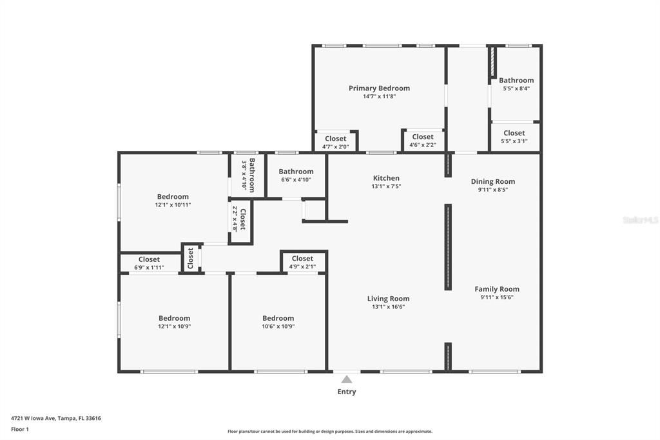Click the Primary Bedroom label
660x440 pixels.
click(x=379, y=88)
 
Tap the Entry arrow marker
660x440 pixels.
click(x=347, y=379)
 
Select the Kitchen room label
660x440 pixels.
click(x=386, y=178)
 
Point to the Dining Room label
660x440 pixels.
click(x=492, y=181)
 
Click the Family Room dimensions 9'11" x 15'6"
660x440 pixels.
click(x=496, y=297)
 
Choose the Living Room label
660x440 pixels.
click(x=388, y=299)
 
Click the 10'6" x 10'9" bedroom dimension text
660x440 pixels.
click(x=278, y=326)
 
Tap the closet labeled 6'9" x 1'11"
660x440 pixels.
click(x=149, y=263)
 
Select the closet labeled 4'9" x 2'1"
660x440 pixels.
click(x=302, y=262)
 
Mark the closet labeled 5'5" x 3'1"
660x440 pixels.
click(x=514, y=137)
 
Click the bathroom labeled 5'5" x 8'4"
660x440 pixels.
click(x=516, y=85)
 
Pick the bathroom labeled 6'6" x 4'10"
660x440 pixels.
click(x=296, y=175)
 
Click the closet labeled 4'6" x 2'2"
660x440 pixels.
click(x=422, y=141)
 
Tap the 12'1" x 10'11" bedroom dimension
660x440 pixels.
click(x=173, y=205)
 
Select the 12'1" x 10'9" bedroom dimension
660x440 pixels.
click(x=174, y=326)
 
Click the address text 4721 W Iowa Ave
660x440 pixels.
click(x=35, y=418)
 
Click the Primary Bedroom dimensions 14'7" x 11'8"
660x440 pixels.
click(x=379, y=97)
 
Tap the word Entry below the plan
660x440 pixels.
click(x=347, y=392)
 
